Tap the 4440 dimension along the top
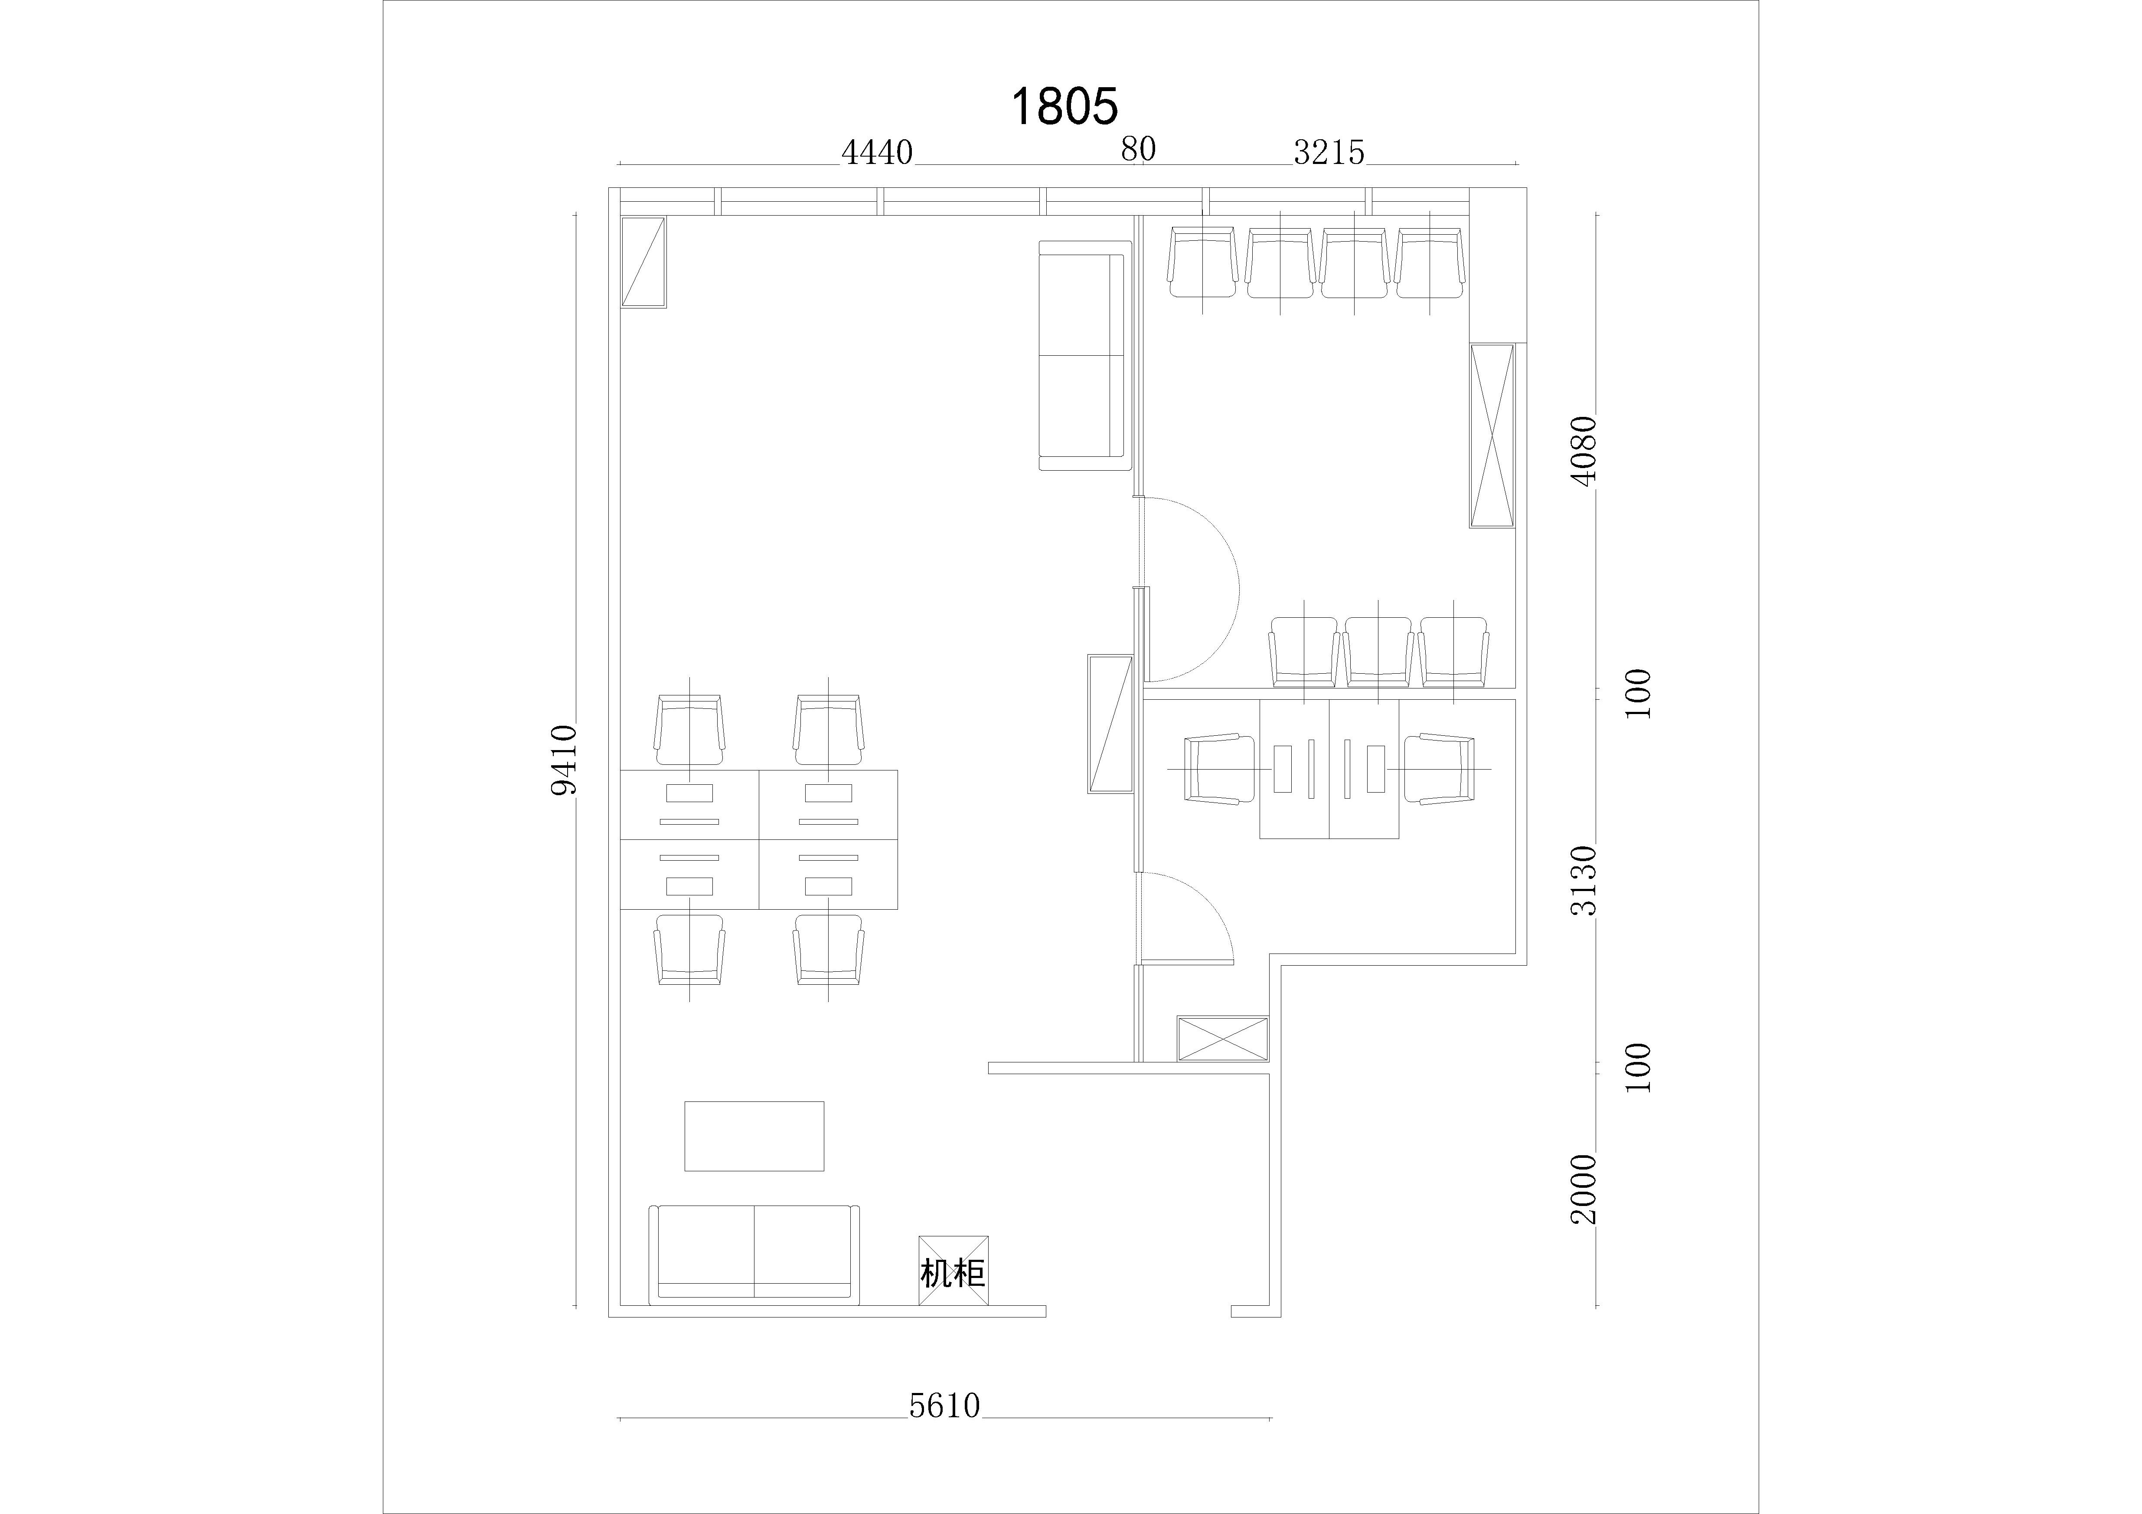(877, 152)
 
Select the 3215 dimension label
(1329, 152)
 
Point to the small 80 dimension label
(1138, 149)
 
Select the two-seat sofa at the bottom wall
(754, 1254)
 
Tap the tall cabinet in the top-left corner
(644, 262)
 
